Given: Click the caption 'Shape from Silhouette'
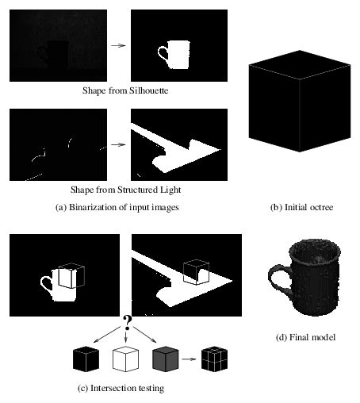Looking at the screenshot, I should coord(120,90).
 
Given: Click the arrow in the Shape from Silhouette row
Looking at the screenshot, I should coord(118,45).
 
